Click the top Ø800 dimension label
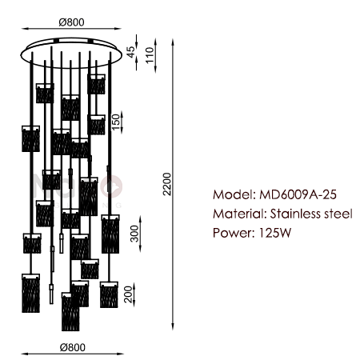71,22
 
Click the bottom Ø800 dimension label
73,347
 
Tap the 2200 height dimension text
167,184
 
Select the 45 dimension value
131,52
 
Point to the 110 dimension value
150,55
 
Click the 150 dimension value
116,122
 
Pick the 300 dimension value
134,234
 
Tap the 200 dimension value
128,294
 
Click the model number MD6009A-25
298,194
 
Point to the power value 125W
275,233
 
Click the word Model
234,194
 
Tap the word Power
234,233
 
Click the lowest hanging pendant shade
70,312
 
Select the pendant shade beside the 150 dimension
97,125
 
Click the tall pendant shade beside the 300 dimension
110,234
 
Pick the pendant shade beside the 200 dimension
109,294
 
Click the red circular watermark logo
111,186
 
